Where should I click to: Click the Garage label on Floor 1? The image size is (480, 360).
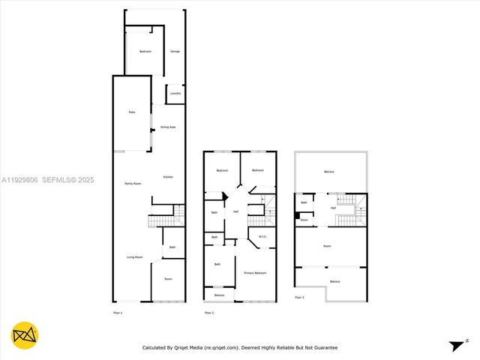point(175,52)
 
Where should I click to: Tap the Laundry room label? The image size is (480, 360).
point(175,93)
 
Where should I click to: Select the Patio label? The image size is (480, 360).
point(131,112)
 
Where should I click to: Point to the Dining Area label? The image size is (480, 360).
point(168,127)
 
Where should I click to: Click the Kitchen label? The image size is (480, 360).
point(168,176)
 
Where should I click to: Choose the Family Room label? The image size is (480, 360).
point(134,184)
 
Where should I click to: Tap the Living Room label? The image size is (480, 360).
point(135,257)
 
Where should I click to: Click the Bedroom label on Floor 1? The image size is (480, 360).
point(145,51)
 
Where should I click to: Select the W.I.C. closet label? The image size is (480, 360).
point(263,238)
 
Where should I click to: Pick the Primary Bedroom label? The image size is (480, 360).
point(255,273)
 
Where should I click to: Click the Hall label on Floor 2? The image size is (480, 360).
point(236,212)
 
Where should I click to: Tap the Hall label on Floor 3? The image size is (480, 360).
point(333,208)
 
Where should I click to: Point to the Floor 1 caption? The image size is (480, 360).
point(117,312)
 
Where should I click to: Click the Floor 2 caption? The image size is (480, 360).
point(209,312)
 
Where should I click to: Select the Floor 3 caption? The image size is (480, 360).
point(299,298)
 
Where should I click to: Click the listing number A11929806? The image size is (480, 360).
point(22,180)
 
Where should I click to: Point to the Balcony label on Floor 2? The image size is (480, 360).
point(219,295)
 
